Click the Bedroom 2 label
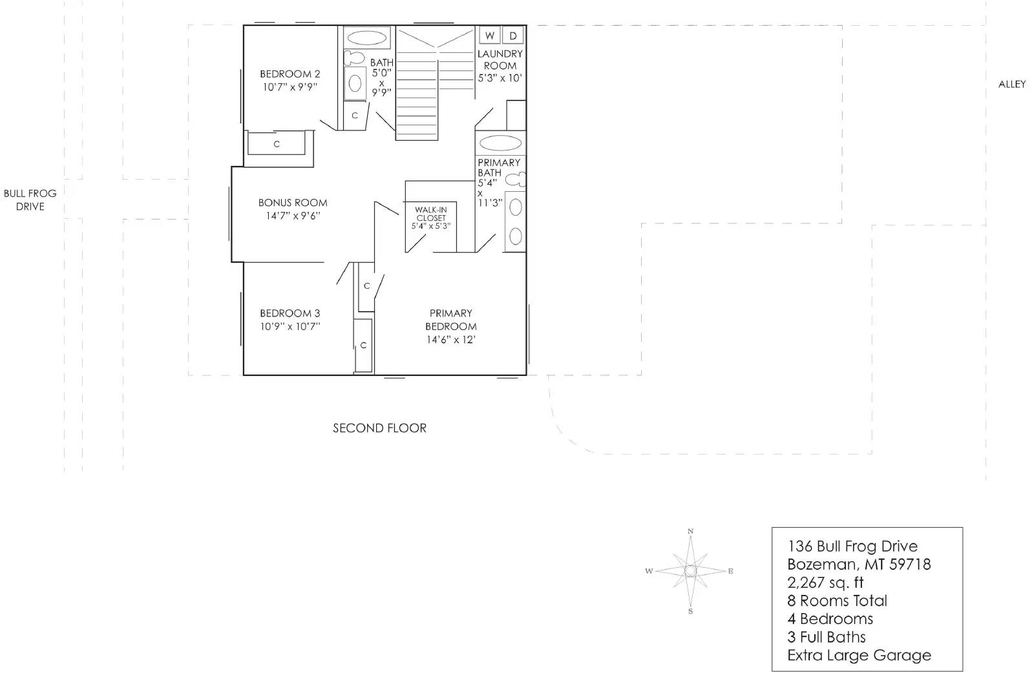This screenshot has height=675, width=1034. (x=290, y=74)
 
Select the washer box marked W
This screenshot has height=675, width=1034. (x=491, y=36)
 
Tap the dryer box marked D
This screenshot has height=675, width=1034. (x=513, y=36)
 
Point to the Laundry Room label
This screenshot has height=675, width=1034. (x=500, y=59)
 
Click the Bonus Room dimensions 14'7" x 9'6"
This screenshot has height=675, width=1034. (x=293, y=216)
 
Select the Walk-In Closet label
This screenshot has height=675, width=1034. (x=430, y=214)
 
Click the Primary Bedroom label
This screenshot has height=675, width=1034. (x=450, y=320)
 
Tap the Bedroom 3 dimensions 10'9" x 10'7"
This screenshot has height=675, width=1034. (x=290, y=327)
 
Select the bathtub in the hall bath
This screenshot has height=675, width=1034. (x=366, y=37)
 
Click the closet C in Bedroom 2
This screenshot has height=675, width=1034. (x=277, y=143)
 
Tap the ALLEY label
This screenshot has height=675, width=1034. (x=1011, y=84)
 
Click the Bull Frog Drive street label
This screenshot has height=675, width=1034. (x=30, y=200)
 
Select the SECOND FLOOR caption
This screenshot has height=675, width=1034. (x=379, y=428)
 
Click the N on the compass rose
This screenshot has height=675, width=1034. (x=690, y=532)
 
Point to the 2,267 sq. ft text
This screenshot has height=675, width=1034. (x=825, y=583)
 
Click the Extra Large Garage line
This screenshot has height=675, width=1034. (x=859, y=655)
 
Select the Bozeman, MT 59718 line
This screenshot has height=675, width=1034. (x=859, y=565)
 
